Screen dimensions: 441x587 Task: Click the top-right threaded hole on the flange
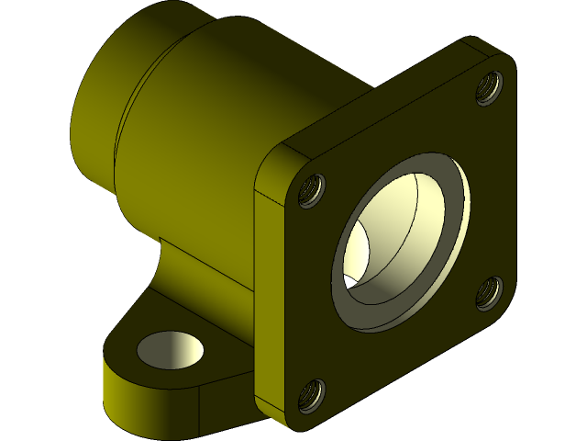click(x=489, y=88)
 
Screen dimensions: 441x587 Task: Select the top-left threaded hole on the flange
click(x=313, y=190)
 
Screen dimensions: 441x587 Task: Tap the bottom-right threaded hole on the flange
click(x=488, y=292)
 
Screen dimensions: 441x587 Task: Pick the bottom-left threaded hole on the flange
click(x=312, y=396)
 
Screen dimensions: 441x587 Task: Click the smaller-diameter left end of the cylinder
click(x=92, y=110)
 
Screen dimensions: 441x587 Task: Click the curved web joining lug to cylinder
click(x=165, y=276)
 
